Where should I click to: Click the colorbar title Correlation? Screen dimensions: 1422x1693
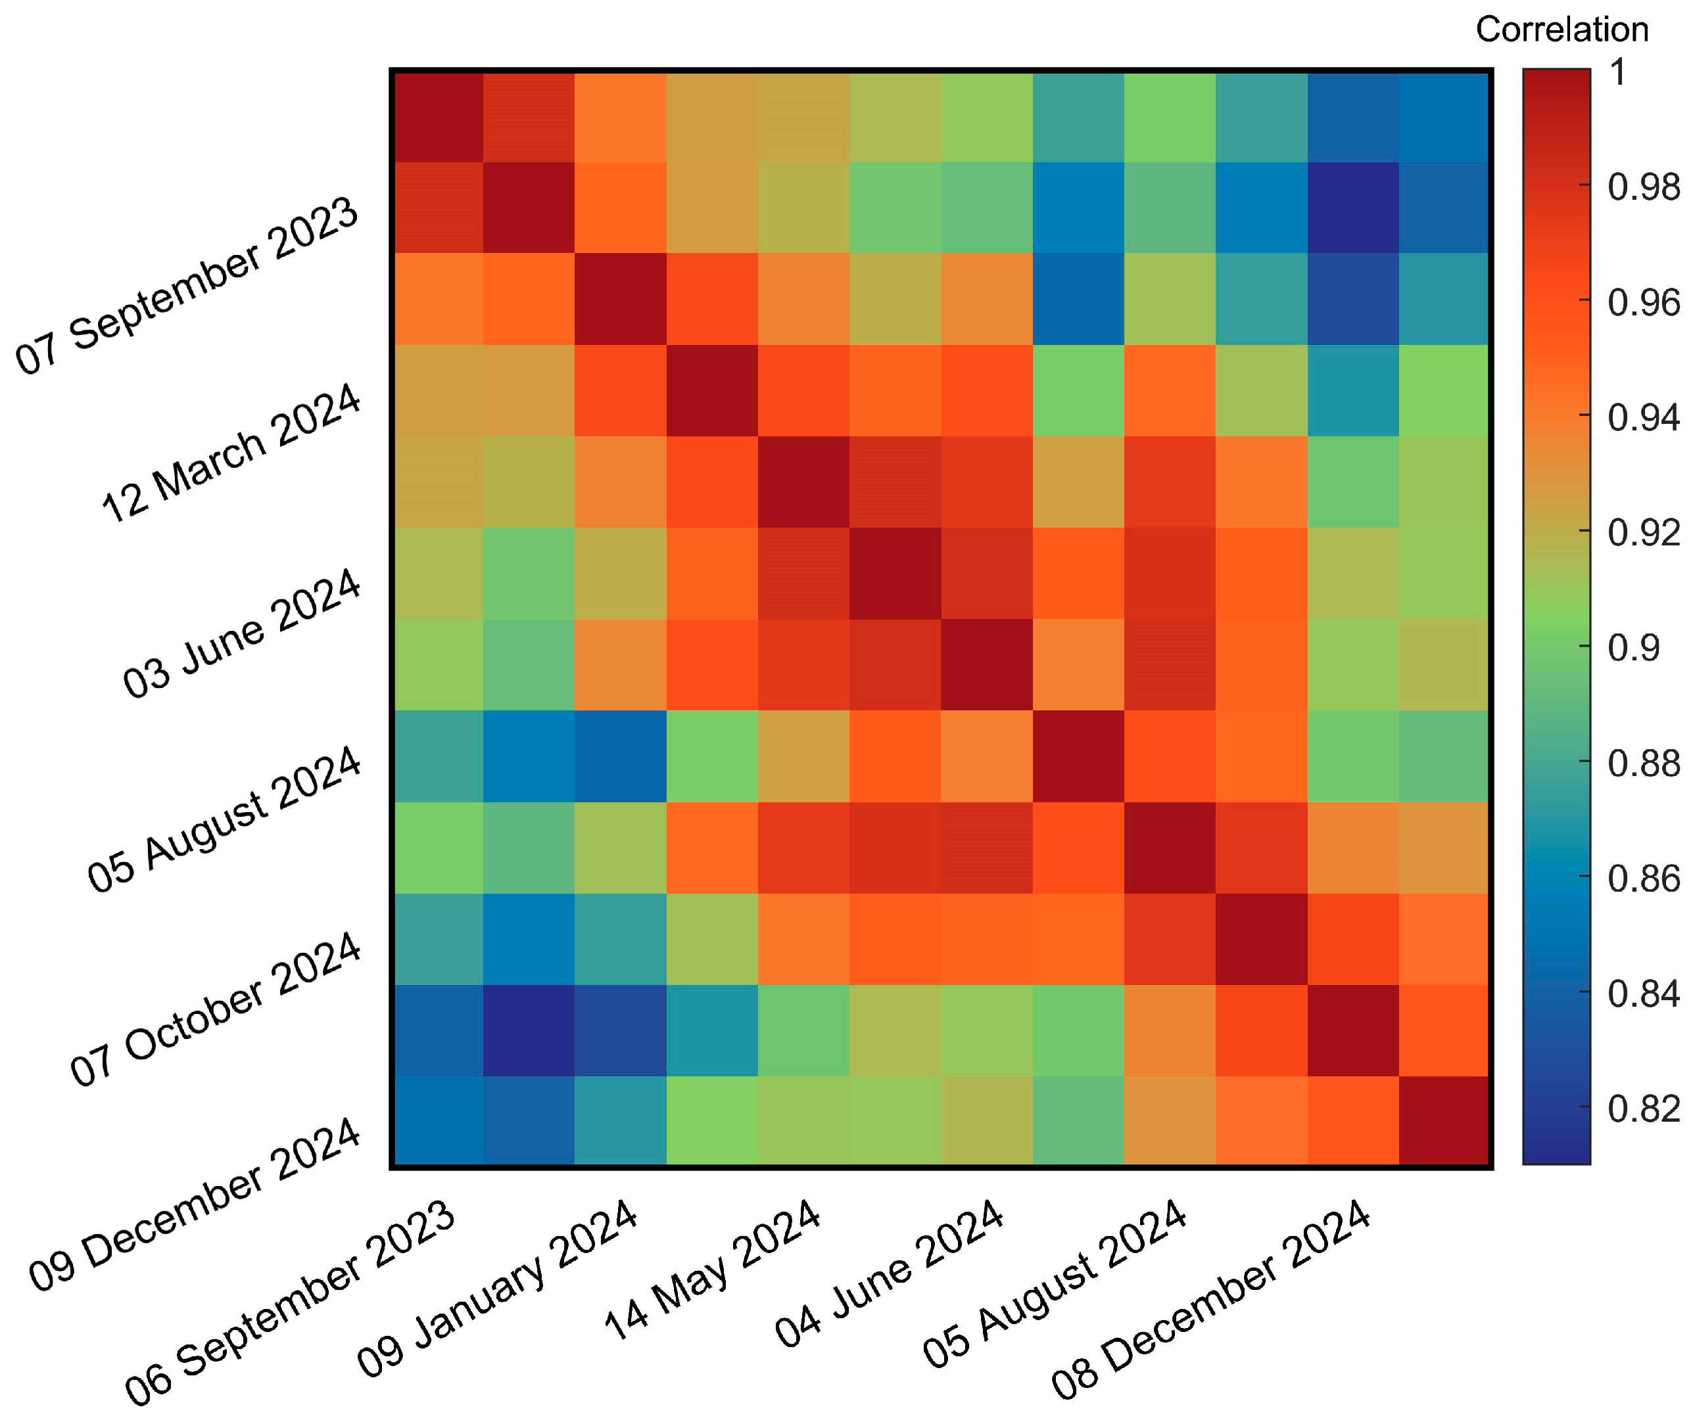[1561, 30]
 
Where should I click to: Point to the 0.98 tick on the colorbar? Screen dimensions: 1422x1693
[1643, 188]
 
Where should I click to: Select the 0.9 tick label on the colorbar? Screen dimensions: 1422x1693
[1633, 648]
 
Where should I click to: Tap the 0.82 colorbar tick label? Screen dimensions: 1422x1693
[1643, 1109]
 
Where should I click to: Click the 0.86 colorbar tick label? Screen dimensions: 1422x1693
[1643, 879]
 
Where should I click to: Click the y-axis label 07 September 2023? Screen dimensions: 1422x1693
[187, 285]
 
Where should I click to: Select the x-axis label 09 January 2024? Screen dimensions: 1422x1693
[498, 1288]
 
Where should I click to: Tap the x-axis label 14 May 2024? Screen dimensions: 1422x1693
[712, 1270]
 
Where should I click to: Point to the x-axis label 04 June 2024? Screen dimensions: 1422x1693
[889, 1273]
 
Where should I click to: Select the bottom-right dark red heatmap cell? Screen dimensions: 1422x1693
[1443, 1120]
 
